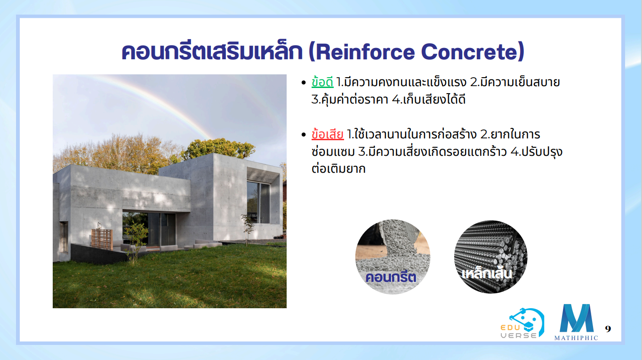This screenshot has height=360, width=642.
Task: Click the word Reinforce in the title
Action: click(x=365, y=52)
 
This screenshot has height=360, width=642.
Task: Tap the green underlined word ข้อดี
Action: click(x=322, y=82)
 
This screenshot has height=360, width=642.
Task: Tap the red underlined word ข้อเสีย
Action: click(x=328, y=134)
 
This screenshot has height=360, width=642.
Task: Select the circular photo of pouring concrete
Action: click(x=393, y=257)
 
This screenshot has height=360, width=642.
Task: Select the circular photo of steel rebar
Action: click(x=490, y=257)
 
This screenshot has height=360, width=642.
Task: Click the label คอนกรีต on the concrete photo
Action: click(x=391, y=278)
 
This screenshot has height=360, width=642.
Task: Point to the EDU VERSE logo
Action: click(x=522, y=323)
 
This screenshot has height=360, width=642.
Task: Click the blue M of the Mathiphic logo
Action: click(x=577, y=318)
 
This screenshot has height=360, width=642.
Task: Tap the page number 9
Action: click(x=608, y=329)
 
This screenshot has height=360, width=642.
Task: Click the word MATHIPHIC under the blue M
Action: click(x=576, y=338)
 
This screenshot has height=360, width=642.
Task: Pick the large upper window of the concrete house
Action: click(x=258, y=202)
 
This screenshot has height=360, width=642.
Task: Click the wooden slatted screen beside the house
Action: click(x=102, y=239)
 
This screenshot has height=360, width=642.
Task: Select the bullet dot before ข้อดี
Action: click(x=304, y=83)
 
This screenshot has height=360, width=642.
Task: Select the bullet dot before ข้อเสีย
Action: click(x=304, y=135)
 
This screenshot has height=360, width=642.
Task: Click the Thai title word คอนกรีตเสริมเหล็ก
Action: click(x=212, y=52)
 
